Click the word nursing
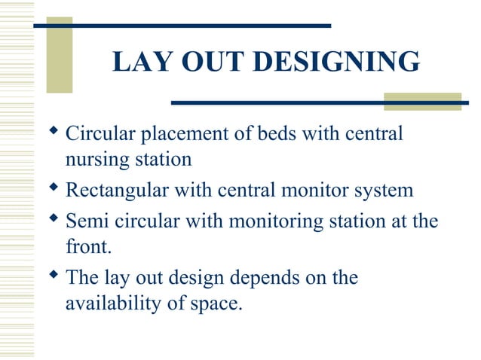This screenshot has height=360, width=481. (x=91, y=160)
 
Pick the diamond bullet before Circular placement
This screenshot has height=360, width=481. (x=53, y=133)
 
